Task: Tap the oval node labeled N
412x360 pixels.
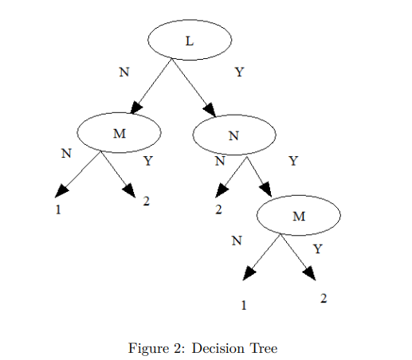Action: [233, 135]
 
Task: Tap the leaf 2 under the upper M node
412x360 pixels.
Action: [147, 201]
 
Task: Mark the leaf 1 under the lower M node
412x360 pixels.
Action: [244, 303]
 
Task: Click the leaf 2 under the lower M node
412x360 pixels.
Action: [324, 297]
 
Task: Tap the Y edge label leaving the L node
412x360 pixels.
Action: [239, 72]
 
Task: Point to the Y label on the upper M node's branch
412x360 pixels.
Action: [147, 162]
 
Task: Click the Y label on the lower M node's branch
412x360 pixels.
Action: [318, 248]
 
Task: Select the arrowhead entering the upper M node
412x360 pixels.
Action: [138, 108]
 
